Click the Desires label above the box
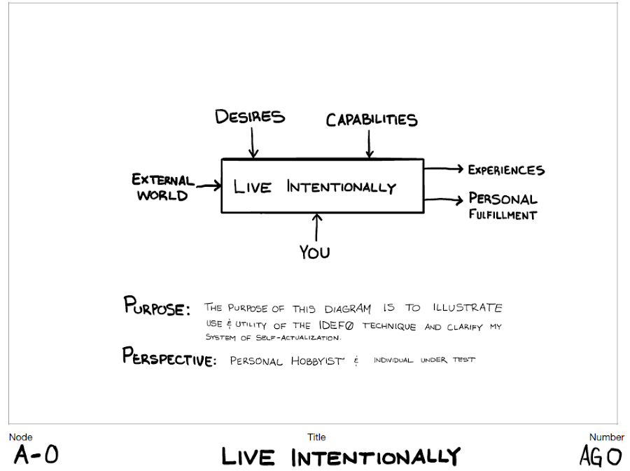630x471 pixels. tap(250, 116)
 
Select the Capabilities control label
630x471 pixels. tap(372, 120)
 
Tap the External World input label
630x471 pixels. tap(163, 187)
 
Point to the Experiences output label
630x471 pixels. tap(506, 170)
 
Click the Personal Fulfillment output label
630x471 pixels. tap(503, 206)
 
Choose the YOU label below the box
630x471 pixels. tap(314, 252)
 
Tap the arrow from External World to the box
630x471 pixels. tap(208, 186)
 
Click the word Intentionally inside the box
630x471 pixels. tap(341, 187)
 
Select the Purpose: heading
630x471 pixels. tap(157, 307)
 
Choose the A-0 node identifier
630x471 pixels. tap(36, 456)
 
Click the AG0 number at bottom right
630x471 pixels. tap(600, 456)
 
